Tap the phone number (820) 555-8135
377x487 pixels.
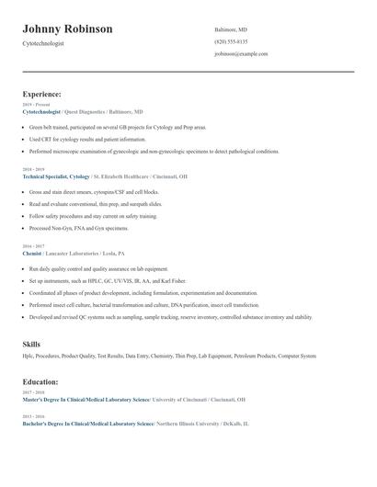tap(231, 41)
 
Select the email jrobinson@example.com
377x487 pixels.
tap(241, 54)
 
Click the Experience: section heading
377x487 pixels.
tap(42, 94)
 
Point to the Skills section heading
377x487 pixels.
tap(31, 344)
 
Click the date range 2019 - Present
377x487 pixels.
tap(34, 105)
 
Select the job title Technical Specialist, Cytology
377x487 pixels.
tap(56, 176)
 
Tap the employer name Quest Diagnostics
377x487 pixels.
tap(91, 111)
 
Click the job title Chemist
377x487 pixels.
tap(32, 253)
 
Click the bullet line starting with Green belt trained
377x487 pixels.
tap(118, 127)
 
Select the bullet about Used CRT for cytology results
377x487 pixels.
tap(87, 139)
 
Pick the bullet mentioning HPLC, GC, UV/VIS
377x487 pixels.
tap(108, 281)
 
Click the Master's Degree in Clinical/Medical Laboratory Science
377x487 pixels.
tap(85, 400)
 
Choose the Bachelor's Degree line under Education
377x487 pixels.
tap(87, 425)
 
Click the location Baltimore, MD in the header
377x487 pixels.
tap(231, 29)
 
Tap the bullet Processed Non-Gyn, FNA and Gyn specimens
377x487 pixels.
tap(79, 228)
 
